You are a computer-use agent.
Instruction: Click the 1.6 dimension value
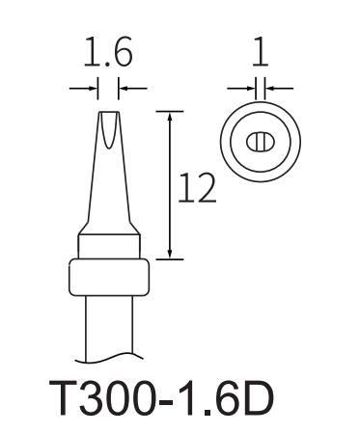point(108,52)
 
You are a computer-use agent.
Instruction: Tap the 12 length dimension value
point(197,188)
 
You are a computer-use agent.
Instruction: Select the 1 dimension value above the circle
point(260,52)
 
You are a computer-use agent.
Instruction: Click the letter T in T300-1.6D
point(63,397)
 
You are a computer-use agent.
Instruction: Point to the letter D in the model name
point(259,397)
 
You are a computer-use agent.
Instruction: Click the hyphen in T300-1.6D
point(167,402)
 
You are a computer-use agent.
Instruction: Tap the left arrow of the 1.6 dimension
point(83,88)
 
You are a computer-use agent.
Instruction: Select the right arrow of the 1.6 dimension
point(133,88)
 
